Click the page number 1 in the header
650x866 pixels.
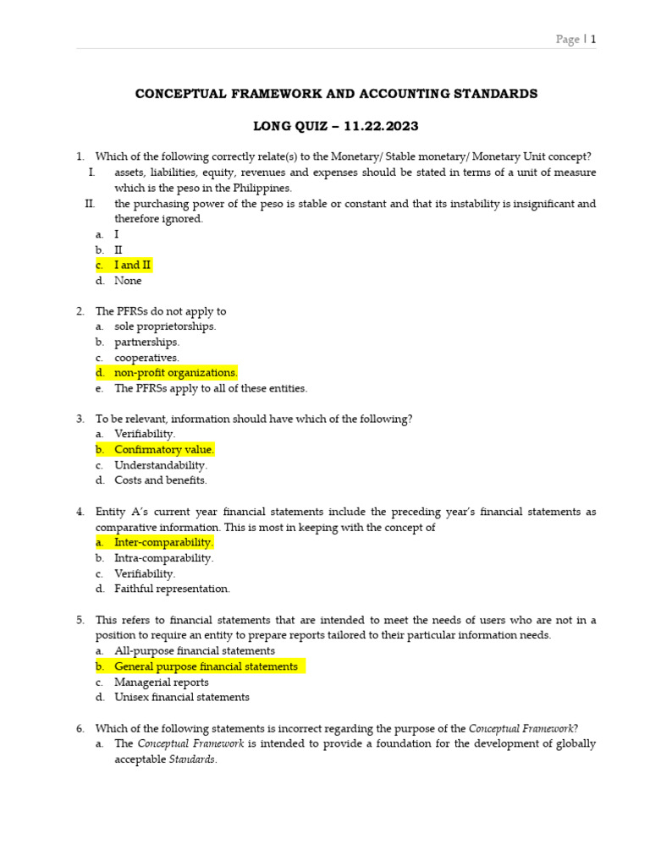click(593, 39)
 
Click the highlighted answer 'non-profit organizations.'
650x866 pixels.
click(176, 373)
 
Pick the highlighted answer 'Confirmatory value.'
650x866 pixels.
click(164, 450)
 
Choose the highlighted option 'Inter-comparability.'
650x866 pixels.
click(163, 542)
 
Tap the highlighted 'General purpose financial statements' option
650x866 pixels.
click(206, 666)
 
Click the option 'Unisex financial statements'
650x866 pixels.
click(182, 698)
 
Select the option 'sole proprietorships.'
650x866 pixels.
click(165, 326)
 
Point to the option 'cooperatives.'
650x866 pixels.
click(147, 358)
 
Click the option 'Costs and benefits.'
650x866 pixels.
click(161, 480)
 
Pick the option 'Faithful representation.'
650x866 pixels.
click(172, 589)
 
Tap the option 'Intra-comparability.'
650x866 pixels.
click(163, 558)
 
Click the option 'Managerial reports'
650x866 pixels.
click(162, 682)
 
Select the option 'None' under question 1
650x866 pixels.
click(129, 281)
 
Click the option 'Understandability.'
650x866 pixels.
click(161, 465)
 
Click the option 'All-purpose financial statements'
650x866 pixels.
click(195, 651)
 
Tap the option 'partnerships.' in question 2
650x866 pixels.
click(147, 343)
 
